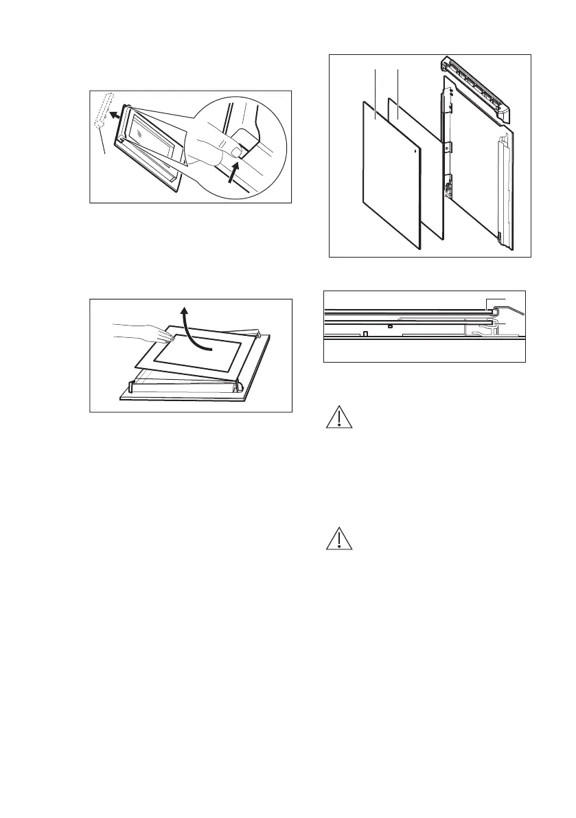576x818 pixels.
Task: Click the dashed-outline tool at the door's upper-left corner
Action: (102, 111)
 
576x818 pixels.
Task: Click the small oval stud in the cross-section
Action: (389, 326)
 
